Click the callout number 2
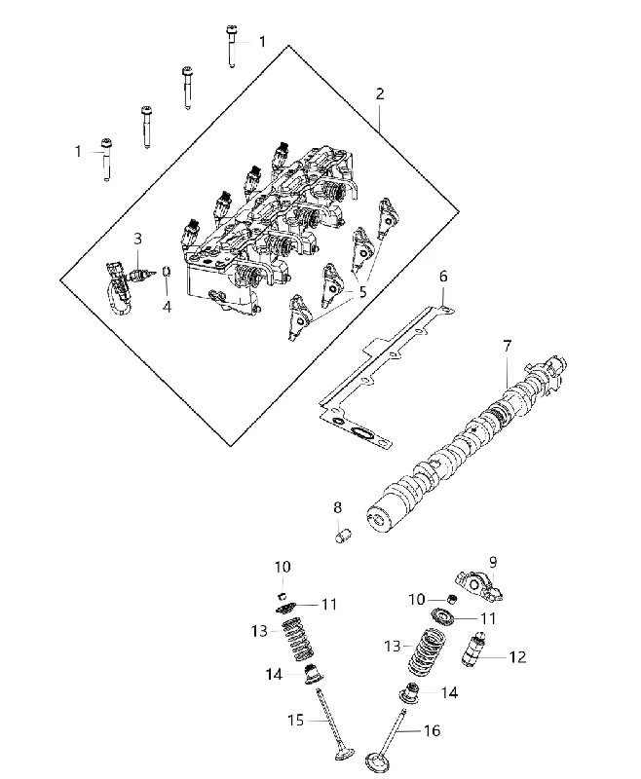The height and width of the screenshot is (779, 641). pyautogui.click(x=380, y=93)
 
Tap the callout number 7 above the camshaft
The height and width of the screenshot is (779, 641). pyautogui.click(x=507, y=346)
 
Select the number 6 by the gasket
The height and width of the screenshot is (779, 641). pyautogui.click(x=442, y=277)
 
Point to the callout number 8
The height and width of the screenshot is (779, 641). pyautogui.click(x=337, y=507)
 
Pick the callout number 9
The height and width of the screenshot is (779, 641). pyautogui.click(x=492, y=562)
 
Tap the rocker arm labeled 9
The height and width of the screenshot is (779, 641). pyautogui.click(x=480, y=585)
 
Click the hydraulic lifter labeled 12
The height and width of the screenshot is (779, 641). pyautogui.click(x=472, y=649)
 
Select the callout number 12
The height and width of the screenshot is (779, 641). pyautogui.click(x=517, y=656)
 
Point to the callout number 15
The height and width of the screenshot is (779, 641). pyautogui.click(x=295, y=720)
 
